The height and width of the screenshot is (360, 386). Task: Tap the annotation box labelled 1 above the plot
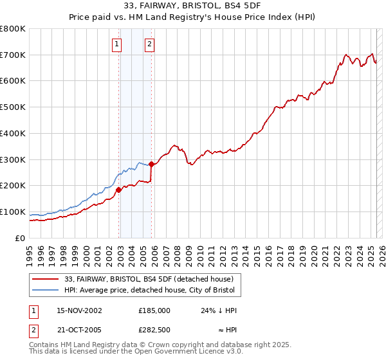point(116,44)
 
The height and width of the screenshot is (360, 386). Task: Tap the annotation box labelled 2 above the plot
point(149,44)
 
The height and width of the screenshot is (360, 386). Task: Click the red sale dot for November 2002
point(119,190)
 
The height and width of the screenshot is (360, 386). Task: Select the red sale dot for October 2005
point(152,164)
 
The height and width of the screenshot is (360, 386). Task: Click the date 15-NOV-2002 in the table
point(80,310)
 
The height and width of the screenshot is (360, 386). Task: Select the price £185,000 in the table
point(154,310)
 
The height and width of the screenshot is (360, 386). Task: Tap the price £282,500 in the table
point(154,330)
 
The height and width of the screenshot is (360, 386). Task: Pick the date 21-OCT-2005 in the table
point(80,330)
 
